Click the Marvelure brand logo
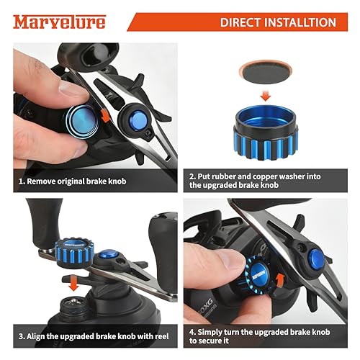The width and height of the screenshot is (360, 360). click(59, 22)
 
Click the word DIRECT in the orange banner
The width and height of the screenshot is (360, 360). click(240, 22)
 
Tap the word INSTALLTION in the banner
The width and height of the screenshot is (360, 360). click(300, 22)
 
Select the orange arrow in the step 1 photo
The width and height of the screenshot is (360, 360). click(105, 114)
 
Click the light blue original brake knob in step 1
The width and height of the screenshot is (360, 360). click(82, 121)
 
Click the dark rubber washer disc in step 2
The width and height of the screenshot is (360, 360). click(265, 73)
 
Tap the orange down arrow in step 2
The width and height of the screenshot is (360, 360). click(266, 96)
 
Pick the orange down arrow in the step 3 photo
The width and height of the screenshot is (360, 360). click(73, 283)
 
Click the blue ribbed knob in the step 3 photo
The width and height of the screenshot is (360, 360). click(73, 252)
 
